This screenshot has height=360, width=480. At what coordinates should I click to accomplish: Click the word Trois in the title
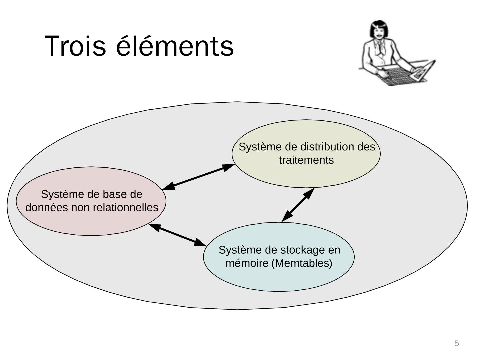pos(75,46)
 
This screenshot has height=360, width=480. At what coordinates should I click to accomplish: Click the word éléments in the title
pos(175,46)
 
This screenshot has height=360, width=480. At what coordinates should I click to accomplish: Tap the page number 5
pos(456,343)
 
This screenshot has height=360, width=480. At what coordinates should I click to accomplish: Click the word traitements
pos(306,160)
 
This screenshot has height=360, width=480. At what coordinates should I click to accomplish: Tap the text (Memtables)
pos(302,263)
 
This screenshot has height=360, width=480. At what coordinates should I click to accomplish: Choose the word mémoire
pos(247,263)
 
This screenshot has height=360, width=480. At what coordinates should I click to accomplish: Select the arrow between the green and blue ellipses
pos(298,205)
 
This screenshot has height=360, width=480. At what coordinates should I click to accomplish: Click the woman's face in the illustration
pos(379,33)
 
